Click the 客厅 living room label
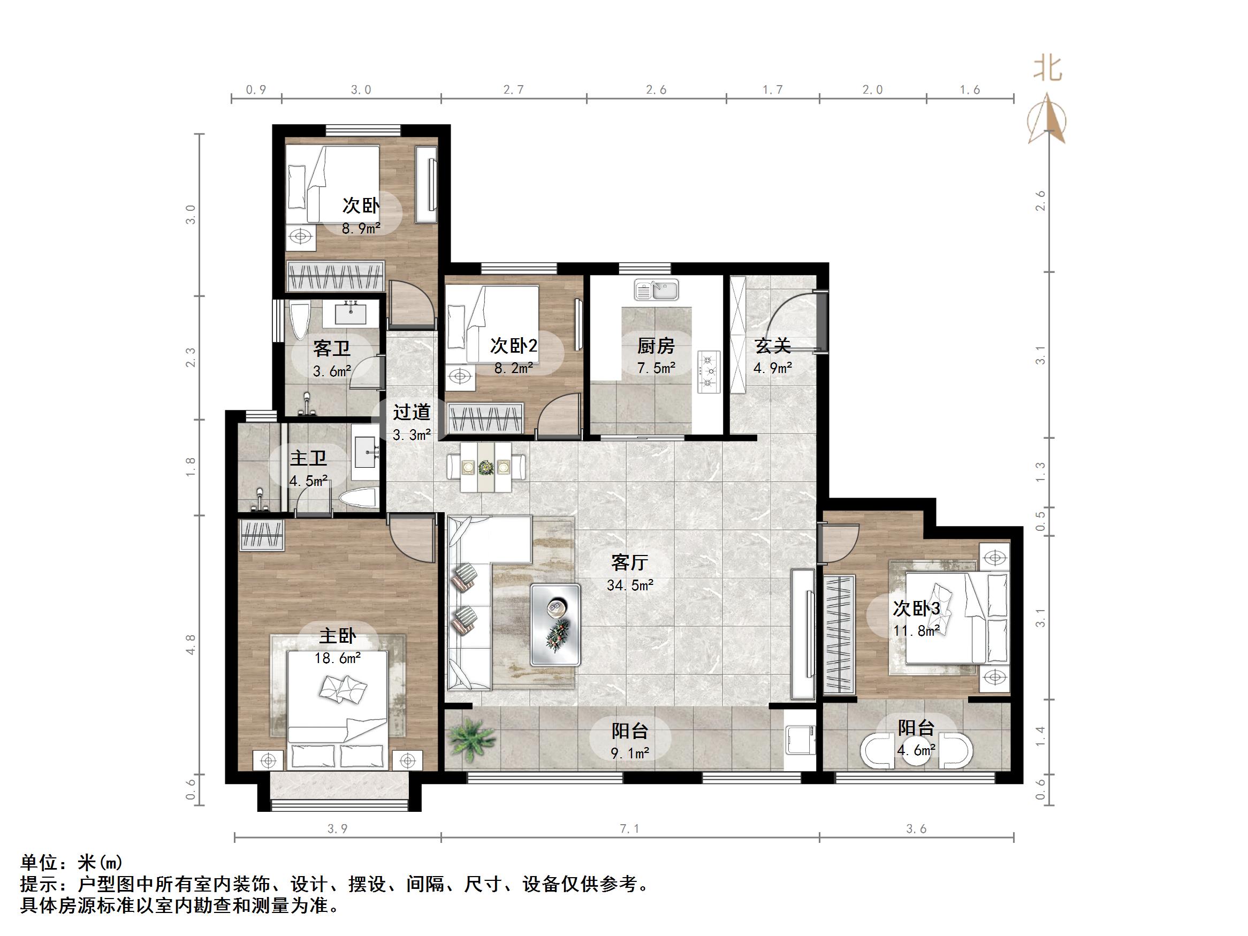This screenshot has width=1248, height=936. (629, 562)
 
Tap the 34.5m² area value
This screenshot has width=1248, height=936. (630, 585)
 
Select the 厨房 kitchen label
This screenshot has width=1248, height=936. (656, 345)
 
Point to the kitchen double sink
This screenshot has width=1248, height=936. (656, 291)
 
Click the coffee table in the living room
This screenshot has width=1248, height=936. (555, 624)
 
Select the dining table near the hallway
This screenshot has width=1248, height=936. (486, 467)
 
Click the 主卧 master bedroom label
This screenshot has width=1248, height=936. (337, 636)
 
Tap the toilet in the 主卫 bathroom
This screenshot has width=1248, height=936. (360, 499)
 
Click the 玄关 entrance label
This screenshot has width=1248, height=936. (772, 345)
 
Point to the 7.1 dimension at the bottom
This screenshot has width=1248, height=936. (630, 829)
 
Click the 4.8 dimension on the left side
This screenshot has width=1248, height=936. (191, 644)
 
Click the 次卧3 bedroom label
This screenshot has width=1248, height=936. (916, 608)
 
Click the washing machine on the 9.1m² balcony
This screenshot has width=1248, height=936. (801, 740)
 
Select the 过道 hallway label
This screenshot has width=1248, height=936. (412, 412)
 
